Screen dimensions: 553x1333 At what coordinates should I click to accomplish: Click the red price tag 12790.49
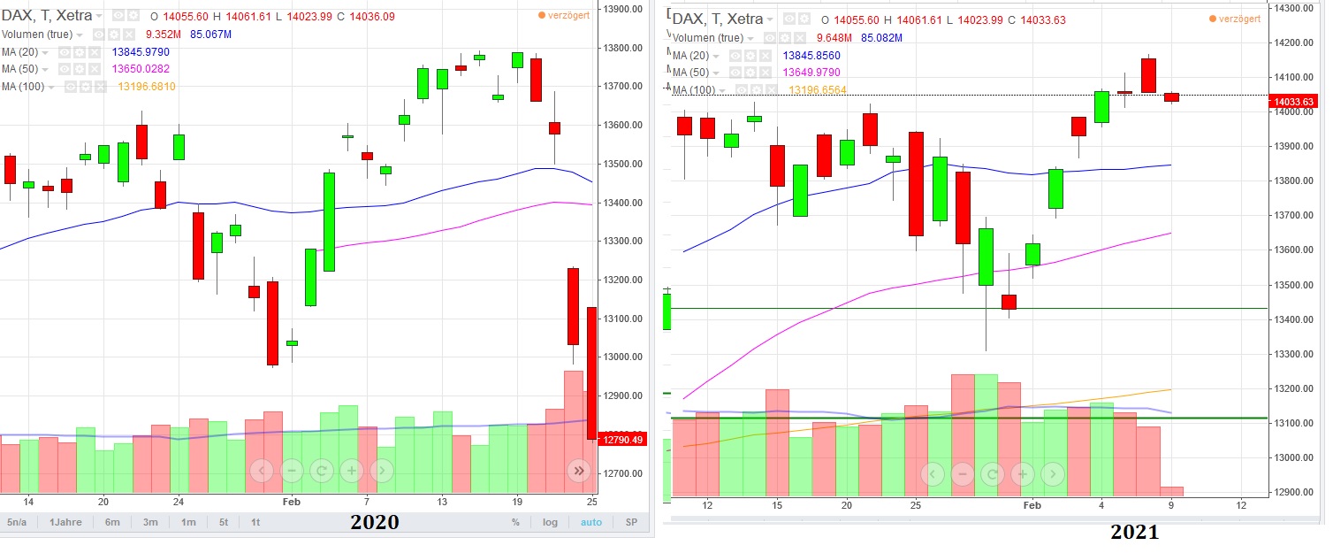[x=623, y=439]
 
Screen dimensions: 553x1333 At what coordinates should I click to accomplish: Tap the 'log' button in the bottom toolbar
[x=550, y=522]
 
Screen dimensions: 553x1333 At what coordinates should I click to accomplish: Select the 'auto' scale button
[x=590, y=522]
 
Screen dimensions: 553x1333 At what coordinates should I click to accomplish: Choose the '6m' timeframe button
[x=112, y=522]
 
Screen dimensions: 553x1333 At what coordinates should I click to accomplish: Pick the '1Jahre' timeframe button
[x=65, y=522]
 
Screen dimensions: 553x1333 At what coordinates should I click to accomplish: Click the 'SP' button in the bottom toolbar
[x=631, y=522]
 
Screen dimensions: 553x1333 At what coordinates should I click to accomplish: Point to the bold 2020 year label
[x=375, y=522]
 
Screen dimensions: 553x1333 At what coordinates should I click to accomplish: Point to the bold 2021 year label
[x=1134, y=533]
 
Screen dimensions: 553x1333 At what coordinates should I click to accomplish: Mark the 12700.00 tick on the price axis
[x=623, y=473]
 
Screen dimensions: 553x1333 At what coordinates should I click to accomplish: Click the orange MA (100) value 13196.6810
[x=147, y=87]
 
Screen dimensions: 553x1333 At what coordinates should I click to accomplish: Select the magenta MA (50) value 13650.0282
[x=141, y=69]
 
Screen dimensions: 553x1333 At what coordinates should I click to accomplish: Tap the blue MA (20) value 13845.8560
[x=811, y=55]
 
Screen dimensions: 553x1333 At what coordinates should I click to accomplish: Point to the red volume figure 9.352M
[x=164, y=35]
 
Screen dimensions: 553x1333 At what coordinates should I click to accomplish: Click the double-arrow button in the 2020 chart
[x=578, y=471]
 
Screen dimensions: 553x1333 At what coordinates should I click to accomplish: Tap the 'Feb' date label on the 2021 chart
[x=1032, y=505]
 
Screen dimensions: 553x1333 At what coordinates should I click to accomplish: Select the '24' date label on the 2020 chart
[x=178, y=499]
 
